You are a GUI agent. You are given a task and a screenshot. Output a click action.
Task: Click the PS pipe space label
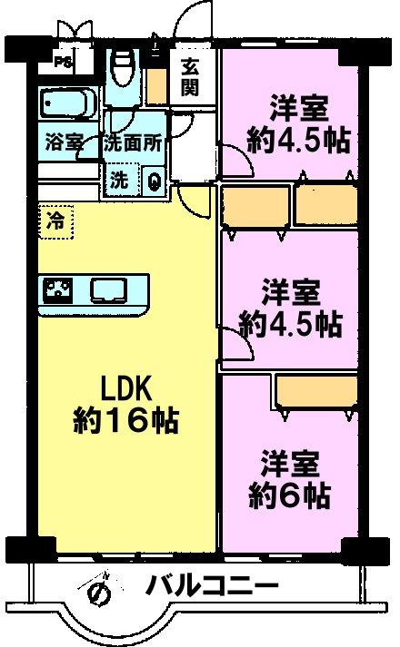coord(64,63)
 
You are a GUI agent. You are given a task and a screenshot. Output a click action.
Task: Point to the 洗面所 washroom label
coord(133,143)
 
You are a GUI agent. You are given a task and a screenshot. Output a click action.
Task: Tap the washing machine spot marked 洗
coord(119,180)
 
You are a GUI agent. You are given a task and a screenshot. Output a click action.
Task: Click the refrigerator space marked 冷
coord(55,221)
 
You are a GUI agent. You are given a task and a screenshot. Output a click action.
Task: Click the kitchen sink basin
coord(109,290)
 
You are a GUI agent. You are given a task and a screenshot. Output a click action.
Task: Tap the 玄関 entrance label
coord(190,77)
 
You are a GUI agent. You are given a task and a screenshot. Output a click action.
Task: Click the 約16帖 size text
coord(126,421)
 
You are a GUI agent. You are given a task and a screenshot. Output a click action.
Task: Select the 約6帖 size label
coord(289,495)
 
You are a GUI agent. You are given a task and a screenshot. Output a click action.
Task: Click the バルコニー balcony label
coord(212,586)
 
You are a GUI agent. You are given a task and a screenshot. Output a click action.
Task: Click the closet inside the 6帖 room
coord(316,392)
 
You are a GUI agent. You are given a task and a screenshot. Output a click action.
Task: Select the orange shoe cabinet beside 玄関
coord(156,86)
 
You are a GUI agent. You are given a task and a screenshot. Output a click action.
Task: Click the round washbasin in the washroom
coord(154,181)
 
